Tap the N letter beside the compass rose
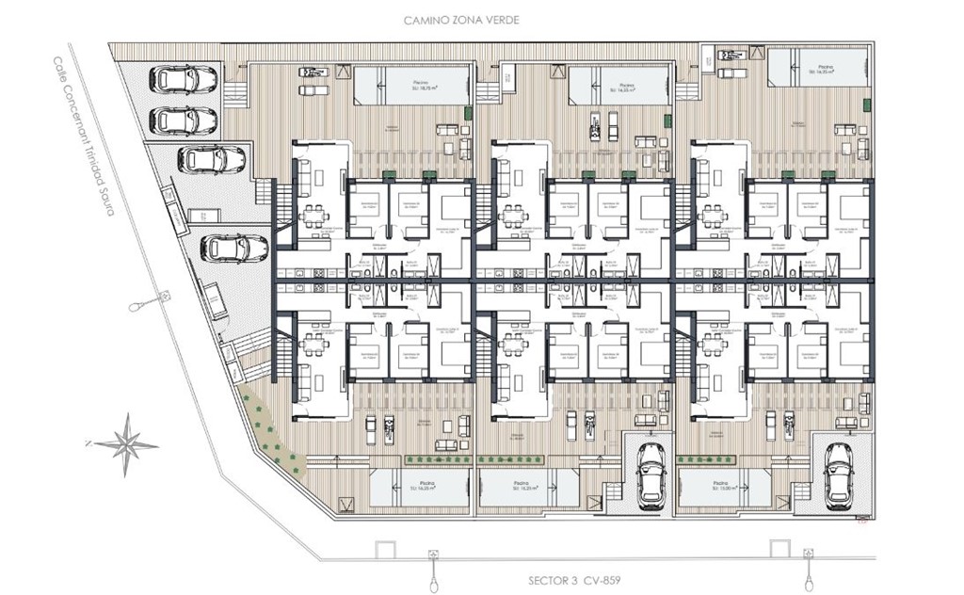pyautogui.click(x=86, y=442)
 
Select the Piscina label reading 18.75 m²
pyautogui.click(x=420, y=88)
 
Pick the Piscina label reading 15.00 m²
pyautogui.click(x=717, y=487)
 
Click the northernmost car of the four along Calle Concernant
pyautogui.click(x=185, y=79)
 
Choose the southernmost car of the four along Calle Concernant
pyautogui.click(x=235, y=249)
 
